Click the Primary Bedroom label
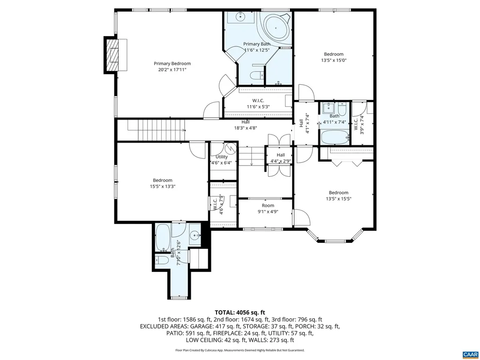172,63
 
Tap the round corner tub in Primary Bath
276,28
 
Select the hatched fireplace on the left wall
112,54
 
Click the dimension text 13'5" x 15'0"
334,60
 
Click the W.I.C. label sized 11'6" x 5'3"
258,100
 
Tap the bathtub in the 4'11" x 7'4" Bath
334,137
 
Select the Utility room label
222,157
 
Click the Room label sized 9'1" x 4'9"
268,205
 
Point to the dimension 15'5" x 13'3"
162,186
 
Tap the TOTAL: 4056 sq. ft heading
240,312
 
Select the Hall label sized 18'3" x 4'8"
246,122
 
